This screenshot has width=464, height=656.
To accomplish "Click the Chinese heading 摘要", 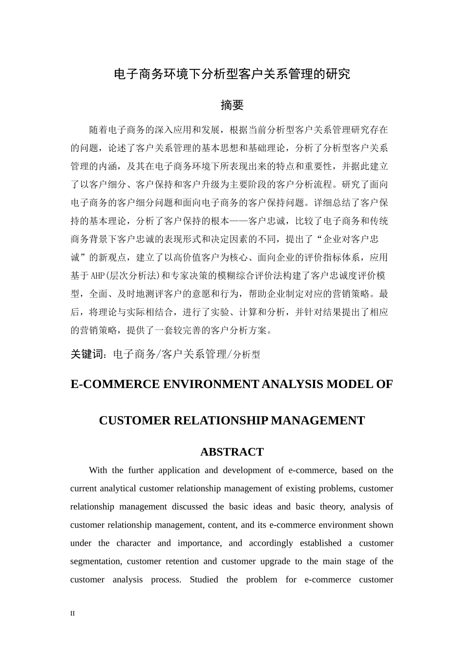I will (232, 105).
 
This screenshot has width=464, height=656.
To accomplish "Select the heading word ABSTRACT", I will (232, 452).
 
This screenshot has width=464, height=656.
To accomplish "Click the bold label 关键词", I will (87, 354).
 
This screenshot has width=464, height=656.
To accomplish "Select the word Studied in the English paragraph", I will (204, 580).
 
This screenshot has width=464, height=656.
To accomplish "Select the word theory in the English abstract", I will (332, 507).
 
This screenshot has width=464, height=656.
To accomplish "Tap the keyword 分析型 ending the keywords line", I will (247, 355).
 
